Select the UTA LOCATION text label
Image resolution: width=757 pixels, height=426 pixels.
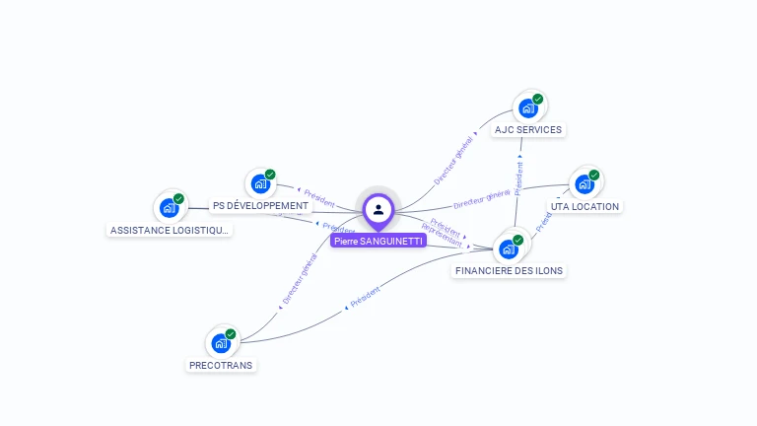pos(585,207)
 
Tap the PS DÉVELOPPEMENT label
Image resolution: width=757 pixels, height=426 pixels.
pos(260,206)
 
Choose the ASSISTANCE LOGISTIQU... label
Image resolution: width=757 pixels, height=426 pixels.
pos(170,230)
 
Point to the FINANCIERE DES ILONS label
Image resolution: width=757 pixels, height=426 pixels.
pos(510,270)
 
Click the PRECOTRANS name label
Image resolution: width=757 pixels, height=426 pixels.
pos(221,365)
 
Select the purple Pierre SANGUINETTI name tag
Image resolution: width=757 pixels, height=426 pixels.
pos(378,241)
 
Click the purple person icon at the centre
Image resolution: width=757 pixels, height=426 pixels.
pos(378,209)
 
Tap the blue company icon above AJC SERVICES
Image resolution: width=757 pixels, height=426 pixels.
pos(528,107)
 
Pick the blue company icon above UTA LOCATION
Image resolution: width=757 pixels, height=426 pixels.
pos(585,184)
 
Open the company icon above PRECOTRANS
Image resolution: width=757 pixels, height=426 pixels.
pos(221,343)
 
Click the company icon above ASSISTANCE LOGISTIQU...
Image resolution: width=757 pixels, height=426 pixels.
pos(170,208)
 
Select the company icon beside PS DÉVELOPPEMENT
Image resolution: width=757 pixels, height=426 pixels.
pos(260,183)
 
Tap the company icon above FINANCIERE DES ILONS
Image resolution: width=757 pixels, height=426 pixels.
pos(509,248)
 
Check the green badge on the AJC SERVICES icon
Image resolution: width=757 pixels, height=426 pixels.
pos(538,99)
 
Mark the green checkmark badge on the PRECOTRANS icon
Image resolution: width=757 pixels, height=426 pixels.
pos(231,334)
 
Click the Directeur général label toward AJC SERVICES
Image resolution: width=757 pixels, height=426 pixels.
pos(454,161)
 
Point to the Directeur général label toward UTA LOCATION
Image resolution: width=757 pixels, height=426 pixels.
pos(481,198)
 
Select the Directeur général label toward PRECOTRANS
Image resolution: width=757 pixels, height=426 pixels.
pos(300,279)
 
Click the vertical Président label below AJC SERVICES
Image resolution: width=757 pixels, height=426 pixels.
pos(518,175)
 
